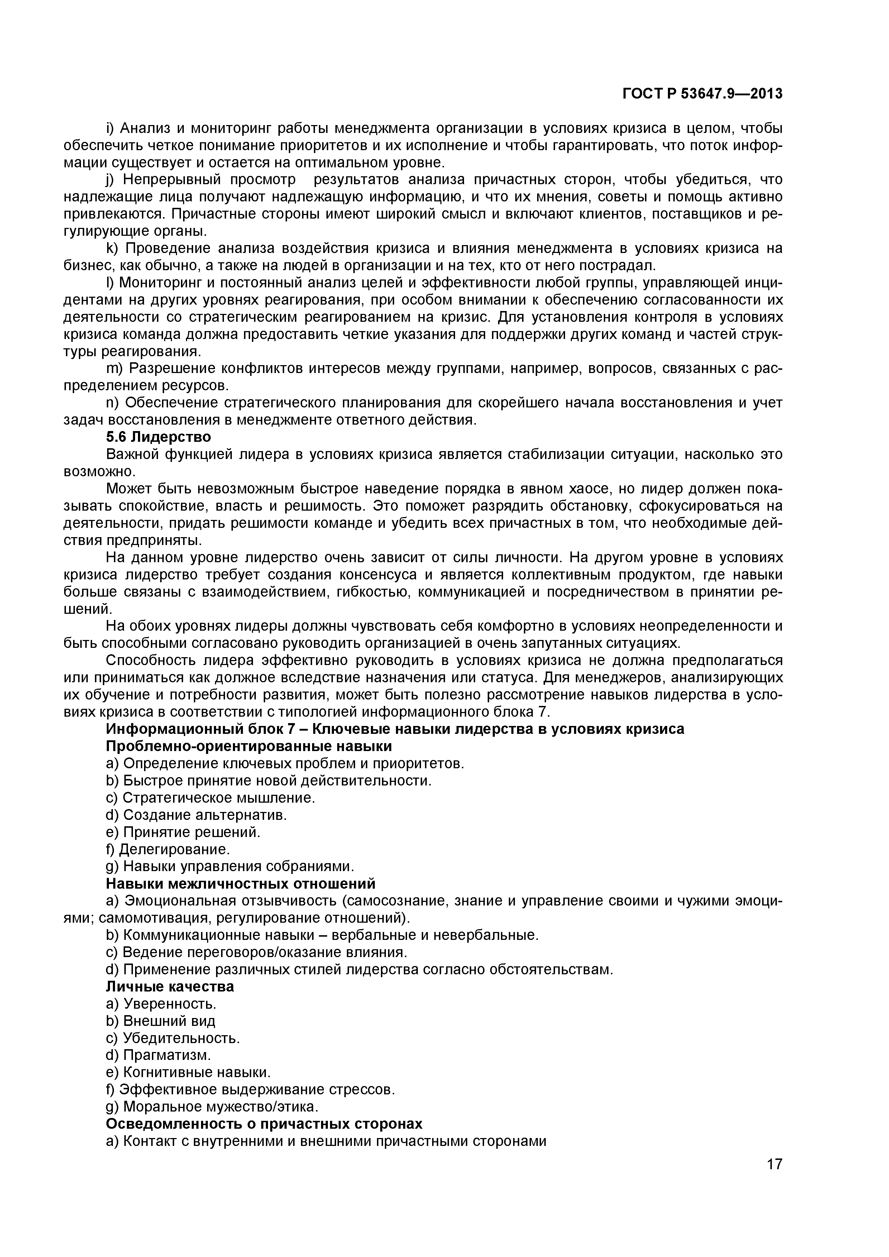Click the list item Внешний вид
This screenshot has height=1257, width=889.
[x=169, y=1021]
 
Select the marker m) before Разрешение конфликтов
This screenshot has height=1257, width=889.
[x=113, y=368]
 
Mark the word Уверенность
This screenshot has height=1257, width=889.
[x=169, y=1004]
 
